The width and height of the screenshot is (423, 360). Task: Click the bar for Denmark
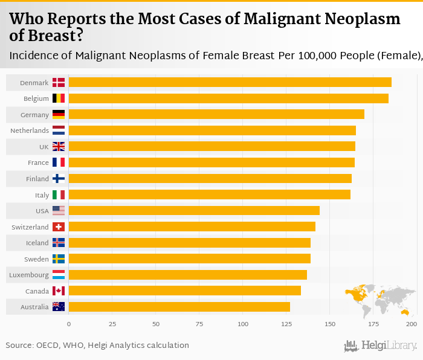click(230, 82)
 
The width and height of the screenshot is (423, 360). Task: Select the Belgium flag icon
click(59, 98)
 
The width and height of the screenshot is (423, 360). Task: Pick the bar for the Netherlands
click(212, 130)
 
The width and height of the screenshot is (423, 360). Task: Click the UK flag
click(59, 146)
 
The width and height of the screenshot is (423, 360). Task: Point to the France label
click(38, 162)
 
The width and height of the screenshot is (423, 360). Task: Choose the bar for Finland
click(210, 179)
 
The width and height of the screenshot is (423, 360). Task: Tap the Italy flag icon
click(59, 194)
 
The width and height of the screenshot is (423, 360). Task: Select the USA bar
click(194, 211)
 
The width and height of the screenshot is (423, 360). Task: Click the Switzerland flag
click(59, 227)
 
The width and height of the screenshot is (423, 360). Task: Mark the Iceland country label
click(37, 243)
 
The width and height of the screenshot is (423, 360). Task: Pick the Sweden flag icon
click(59, 259)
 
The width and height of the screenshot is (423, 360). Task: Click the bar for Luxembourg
click(187, 275)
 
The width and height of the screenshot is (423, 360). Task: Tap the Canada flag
click(59, 291)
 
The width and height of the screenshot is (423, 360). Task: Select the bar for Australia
click(179, 307)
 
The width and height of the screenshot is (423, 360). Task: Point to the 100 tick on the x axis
click(243, 324)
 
